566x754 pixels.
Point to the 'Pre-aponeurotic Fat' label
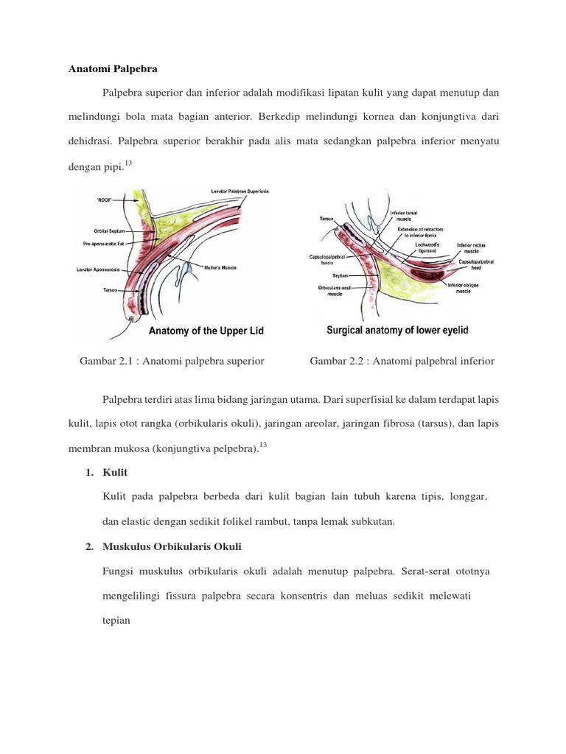(x=108, y=242)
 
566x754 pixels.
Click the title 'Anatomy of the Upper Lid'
(x=206, y=331)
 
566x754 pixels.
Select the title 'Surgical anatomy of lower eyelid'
(x=397, y=331)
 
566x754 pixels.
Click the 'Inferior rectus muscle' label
(x=471, y=248)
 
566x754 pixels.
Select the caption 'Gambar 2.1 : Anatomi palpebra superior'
(x=171, y=361)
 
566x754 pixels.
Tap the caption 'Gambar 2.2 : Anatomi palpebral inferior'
(x=402, y=361)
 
